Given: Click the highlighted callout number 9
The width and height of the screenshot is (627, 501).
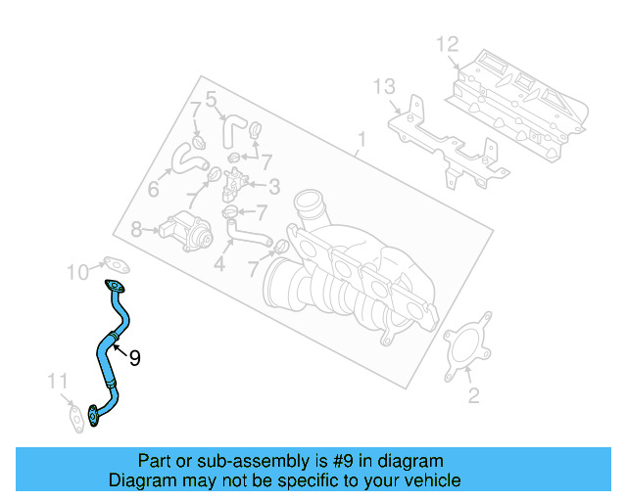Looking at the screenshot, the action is [x=135, y=358].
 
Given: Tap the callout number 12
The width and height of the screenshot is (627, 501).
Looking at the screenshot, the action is [x=447, y=44].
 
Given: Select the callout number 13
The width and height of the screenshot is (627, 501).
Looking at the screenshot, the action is [x=384, y=87].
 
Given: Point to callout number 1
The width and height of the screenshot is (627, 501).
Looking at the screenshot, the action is [x=362, y=140].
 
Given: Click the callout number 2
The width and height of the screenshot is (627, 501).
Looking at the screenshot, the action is [x=473, y=395].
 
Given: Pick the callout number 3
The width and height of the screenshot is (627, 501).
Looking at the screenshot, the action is [x=274, y=187].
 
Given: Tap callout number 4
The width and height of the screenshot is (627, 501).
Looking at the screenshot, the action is [x=219, y=263].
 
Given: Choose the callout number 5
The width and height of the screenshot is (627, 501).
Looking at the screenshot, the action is [x=211, y=100].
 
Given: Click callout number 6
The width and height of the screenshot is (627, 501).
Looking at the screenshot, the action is [x=154, y=189].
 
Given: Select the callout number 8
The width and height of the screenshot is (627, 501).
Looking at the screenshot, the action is [x=136, y=230].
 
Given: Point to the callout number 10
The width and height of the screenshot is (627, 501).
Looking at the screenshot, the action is [x=77, y=272].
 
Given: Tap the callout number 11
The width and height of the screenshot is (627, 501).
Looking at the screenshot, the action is [x=58, y=382].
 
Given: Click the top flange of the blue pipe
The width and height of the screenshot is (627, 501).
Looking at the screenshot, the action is [x=115, y=286].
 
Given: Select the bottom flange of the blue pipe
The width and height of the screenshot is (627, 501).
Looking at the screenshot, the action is [x=94, y=416].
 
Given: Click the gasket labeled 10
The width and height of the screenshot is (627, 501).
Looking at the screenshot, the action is [x=117, y=264].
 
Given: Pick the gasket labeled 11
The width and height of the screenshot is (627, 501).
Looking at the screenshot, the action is [x=76, y=417].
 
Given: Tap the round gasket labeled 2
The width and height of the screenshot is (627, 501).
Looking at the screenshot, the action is [x=468, y=346].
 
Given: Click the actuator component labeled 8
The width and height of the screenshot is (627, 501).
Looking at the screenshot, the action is [x=186, y=232].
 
